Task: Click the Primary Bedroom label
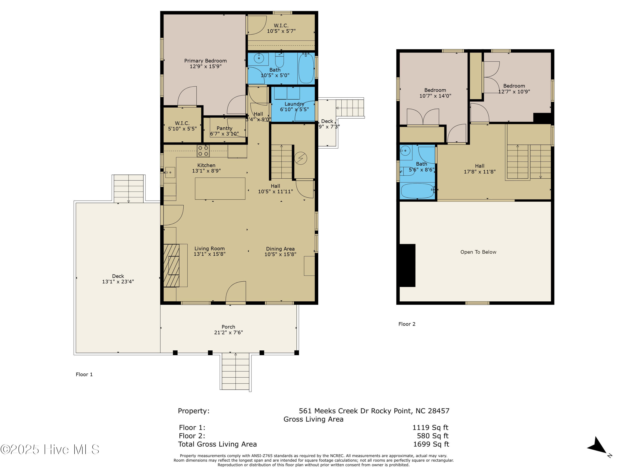[x=205, y=61]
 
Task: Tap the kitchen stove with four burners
[x=203, y=151]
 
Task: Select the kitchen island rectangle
[x=220, y=189]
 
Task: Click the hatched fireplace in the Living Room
[x=171, y=265]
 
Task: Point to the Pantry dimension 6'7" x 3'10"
[x=224, y=134]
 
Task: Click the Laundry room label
[x=294, y=104]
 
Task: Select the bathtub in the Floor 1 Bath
[x=306, y=69]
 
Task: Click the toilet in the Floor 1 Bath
[x=279, y=60]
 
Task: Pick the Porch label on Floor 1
[x=228, y=327]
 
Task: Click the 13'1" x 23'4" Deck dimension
[x=118, y=282]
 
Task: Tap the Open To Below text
[x=478, y=252]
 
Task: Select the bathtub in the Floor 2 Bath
[x=417, y=191]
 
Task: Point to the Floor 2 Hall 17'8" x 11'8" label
[x=480, y=169]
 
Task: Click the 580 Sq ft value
[x=432, y=436]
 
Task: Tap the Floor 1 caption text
[x=84, y=374]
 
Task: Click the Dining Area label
[x=280, y=249]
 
